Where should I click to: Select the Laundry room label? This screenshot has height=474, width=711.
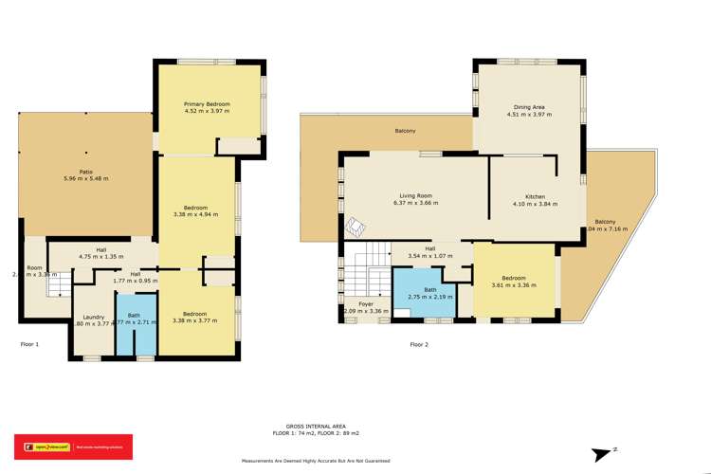[x=94, y=317]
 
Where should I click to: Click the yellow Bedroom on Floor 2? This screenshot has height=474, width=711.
[x=513, y=281]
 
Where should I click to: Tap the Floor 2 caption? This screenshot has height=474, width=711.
[x=419, y=344]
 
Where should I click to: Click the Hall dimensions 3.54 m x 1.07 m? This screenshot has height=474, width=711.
[x=430, y=256]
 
